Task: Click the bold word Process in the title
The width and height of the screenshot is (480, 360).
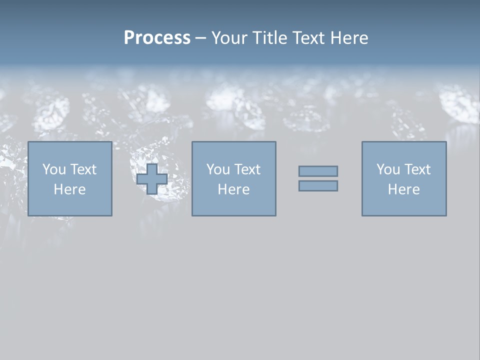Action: click(x=157, y=38)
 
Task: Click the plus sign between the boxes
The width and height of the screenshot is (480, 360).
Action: click(x=152, y=179)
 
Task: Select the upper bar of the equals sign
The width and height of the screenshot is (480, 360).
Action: click(x=318, y=171)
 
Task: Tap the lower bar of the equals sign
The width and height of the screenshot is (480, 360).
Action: click(x=318, y=186)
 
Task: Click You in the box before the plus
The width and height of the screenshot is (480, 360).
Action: click(x=54, y=169)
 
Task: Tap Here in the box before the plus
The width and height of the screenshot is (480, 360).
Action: click(x=70, y=189)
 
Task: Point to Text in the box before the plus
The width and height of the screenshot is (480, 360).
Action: click(x=83, y=169)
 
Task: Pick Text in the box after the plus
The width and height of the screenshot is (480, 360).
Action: click(x=247, y=169)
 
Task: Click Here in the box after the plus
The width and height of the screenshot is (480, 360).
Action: click(x=234, y=189)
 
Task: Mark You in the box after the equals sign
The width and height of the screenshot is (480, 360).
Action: click(x=388, y=169)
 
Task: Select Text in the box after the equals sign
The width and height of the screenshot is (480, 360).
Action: click(x=417, y=169)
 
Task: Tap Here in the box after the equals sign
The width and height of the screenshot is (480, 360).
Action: click(x=404, y=189)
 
